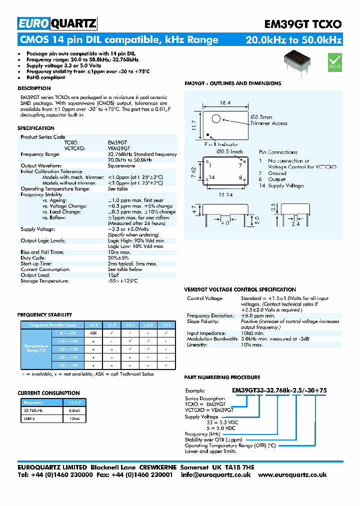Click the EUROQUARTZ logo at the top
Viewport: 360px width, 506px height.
pyautogui.click(x=57, y=23)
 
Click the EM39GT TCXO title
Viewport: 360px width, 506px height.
pyautogui.click(x=302, y=24)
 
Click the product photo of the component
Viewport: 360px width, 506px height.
pyautogui.click(x=298, y=61)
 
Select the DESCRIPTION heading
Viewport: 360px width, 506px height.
pyautogui.click(x=34, y=88)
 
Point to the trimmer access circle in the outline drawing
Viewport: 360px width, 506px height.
pyautogui.click(x=216, y=118)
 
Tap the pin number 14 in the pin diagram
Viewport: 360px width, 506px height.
pyautogui.click(x=212, y=177)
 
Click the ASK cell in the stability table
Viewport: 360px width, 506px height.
pyautogui.click(x=93, y=332)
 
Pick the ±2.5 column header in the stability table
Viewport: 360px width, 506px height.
pyautogui.click(x=166, y=324)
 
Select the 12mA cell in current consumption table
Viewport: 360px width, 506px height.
pyautogui.click(x=74, y=419)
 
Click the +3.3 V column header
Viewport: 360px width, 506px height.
pyautogui.click(x=74, y=402)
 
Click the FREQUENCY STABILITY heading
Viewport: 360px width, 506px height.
pyautogui.click(x=45, y=315)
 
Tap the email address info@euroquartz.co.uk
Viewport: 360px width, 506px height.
pyautogui.click(x=215, y=475)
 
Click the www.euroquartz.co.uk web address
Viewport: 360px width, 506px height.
pyautogui.click(x=293, y=475)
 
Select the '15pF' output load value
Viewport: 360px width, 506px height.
pyautogui.click(x=113, y=275)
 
